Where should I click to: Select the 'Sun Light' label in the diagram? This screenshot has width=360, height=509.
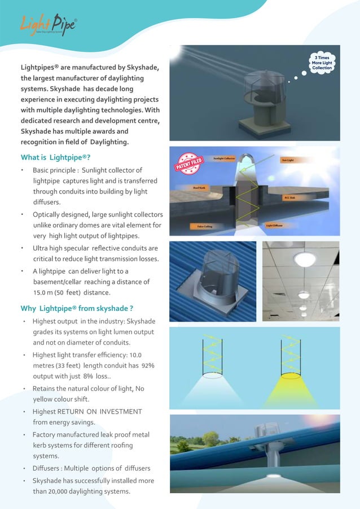point(288,160)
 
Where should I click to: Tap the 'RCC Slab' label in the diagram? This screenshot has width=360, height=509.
point(291,198)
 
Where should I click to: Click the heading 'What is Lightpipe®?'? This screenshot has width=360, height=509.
point(56,157)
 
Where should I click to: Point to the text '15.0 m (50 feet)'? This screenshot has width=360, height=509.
point(59,292)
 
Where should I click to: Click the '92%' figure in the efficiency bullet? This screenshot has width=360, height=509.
point(148,366)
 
